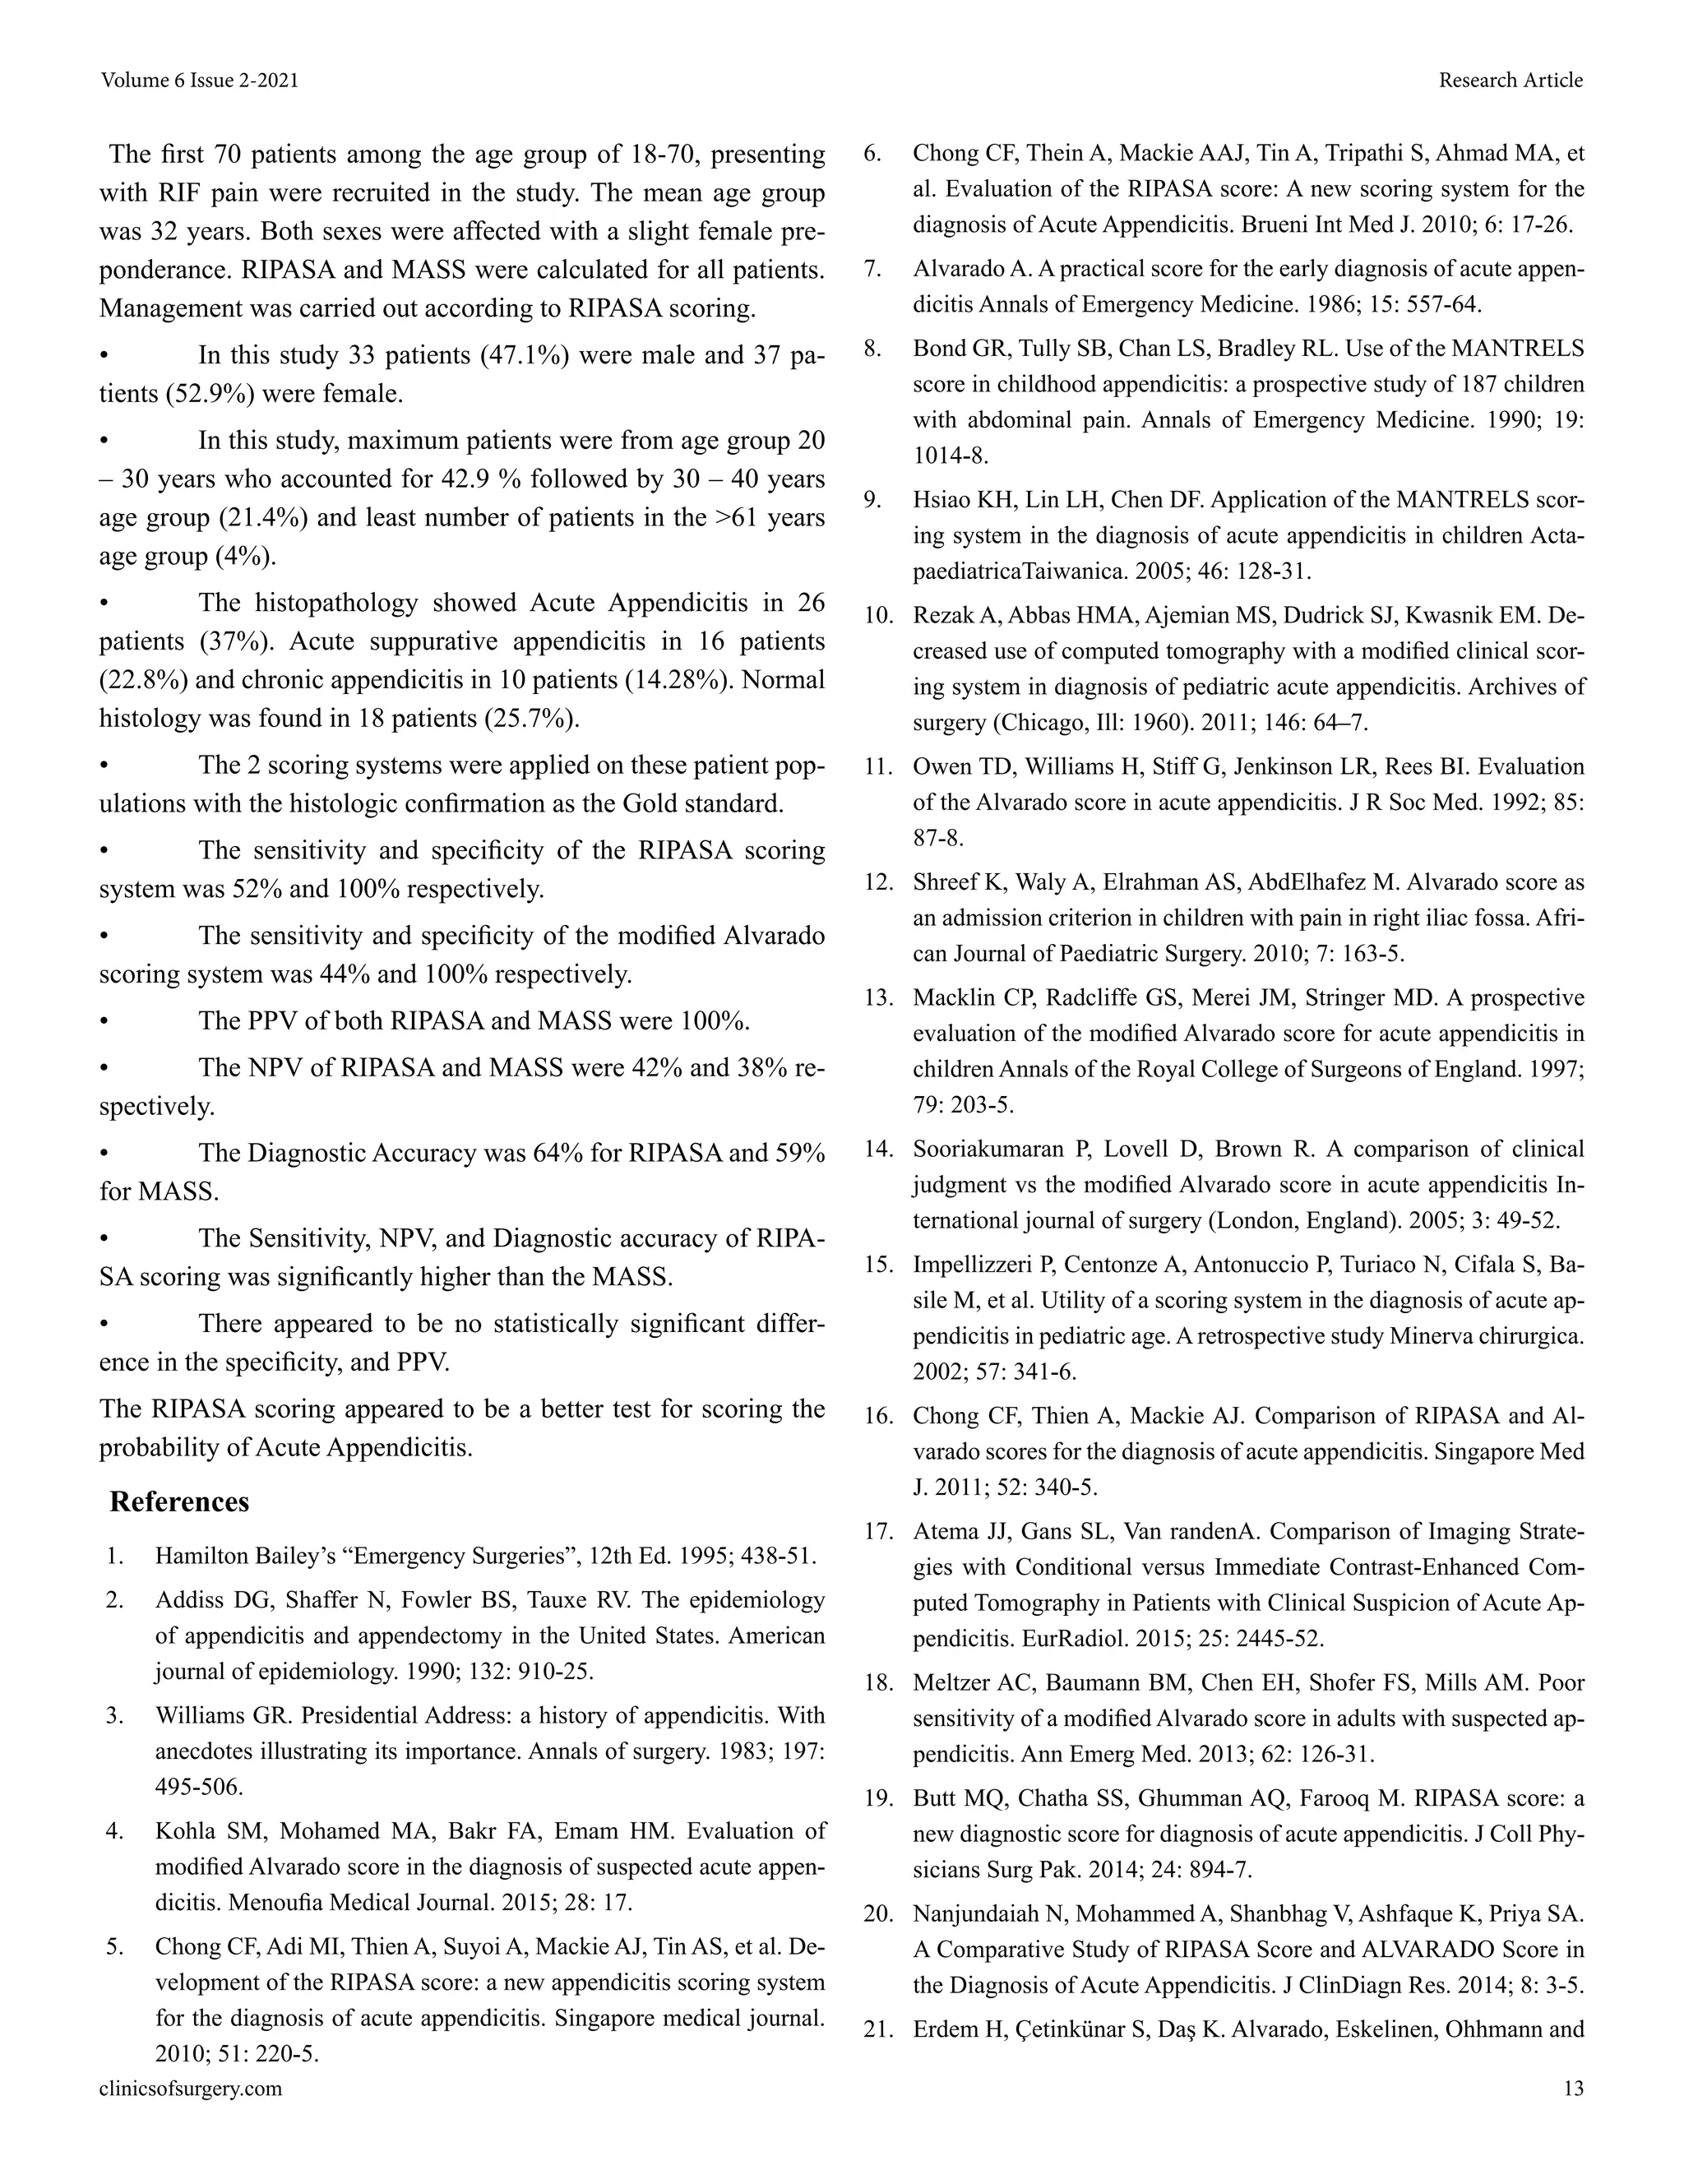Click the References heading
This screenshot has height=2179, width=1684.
coord(179,1501)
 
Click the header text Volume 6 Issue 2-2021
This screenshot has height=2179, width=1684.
coord(200,80)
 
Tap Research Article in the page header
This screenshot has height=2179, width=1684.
coord(1510,80)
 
